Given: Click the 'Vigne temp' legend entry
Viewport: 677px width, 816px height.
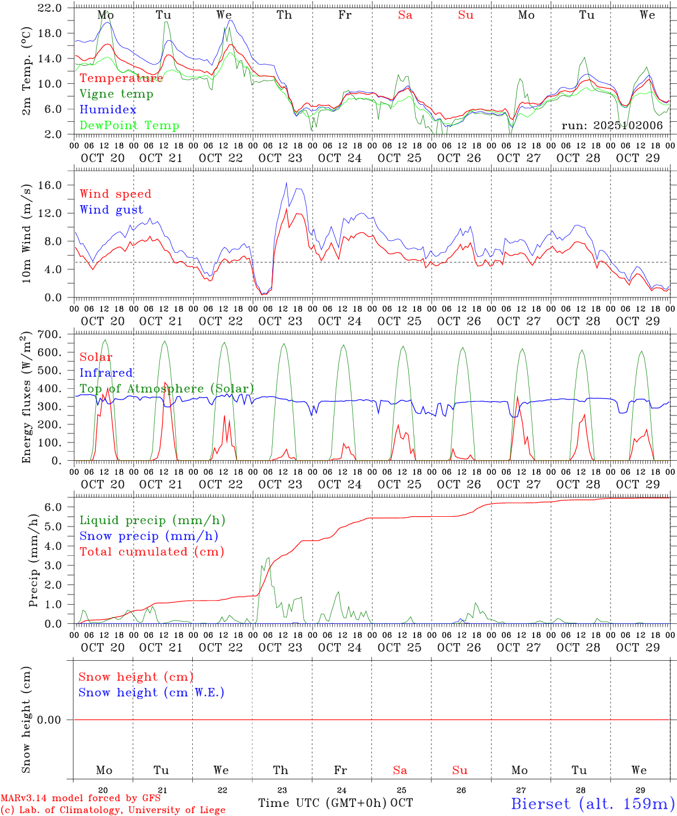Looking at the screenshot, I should [x=116, y=94].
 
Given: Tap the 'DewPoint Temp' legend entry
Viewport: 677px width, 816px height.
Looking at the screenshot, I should [x=129, y=126].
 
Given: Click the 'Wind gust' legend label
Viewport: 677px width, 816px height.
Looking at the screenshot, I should [x=111, y=210].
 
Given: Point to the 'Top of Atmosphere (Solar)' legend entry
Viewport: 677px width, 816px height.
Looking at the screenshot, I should [x=167, y=389].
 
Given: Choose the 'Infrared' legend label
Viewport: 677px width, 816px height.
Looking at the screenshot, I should [x=106, y=373].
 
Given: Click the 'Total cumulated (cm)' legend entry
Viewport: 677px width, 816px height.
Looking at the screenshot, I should [x=151, y=552].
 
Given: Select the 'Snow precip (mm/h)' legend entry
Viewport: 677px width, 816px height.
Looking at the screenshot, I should [x=149, y=536].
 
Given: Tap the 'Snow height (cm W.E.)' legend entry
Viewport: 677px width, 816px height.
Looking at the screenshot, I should [x=151, y=692].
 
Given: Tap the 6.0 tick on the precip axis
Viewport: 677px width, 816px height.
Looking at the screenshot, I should [x=53, y=507].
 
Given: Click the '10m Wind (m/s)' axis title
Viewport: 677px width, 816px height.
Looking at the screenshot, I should [x=26, y=232].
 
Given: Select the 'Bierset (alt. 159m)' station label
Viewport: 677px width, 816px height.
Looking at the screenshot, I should [x=592, y=803].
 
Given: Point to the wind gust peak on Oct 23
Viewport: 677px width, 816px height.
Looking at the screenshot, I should [x=286, y=182].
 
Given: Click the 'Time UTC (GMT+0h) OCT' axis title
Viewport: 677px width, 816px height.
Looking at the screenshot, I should [x=335, y=803].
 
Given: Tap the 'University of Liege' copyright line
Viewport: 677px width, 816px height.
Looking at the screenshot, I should [x=113, y=810].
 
